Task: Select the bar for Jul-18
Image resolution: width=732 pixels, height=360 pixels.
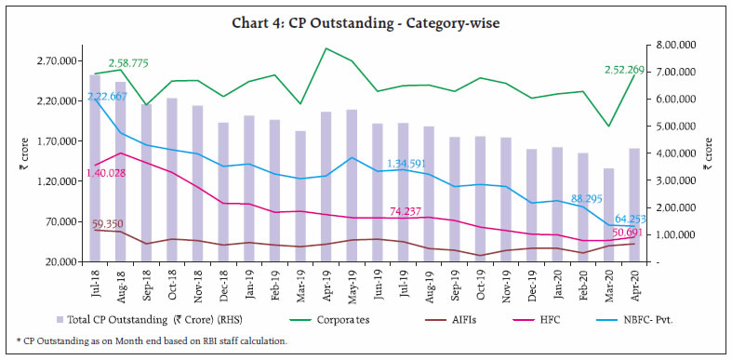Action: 95,167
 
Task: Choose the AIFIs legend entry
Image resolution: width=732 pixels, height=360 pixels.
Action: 477,319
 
